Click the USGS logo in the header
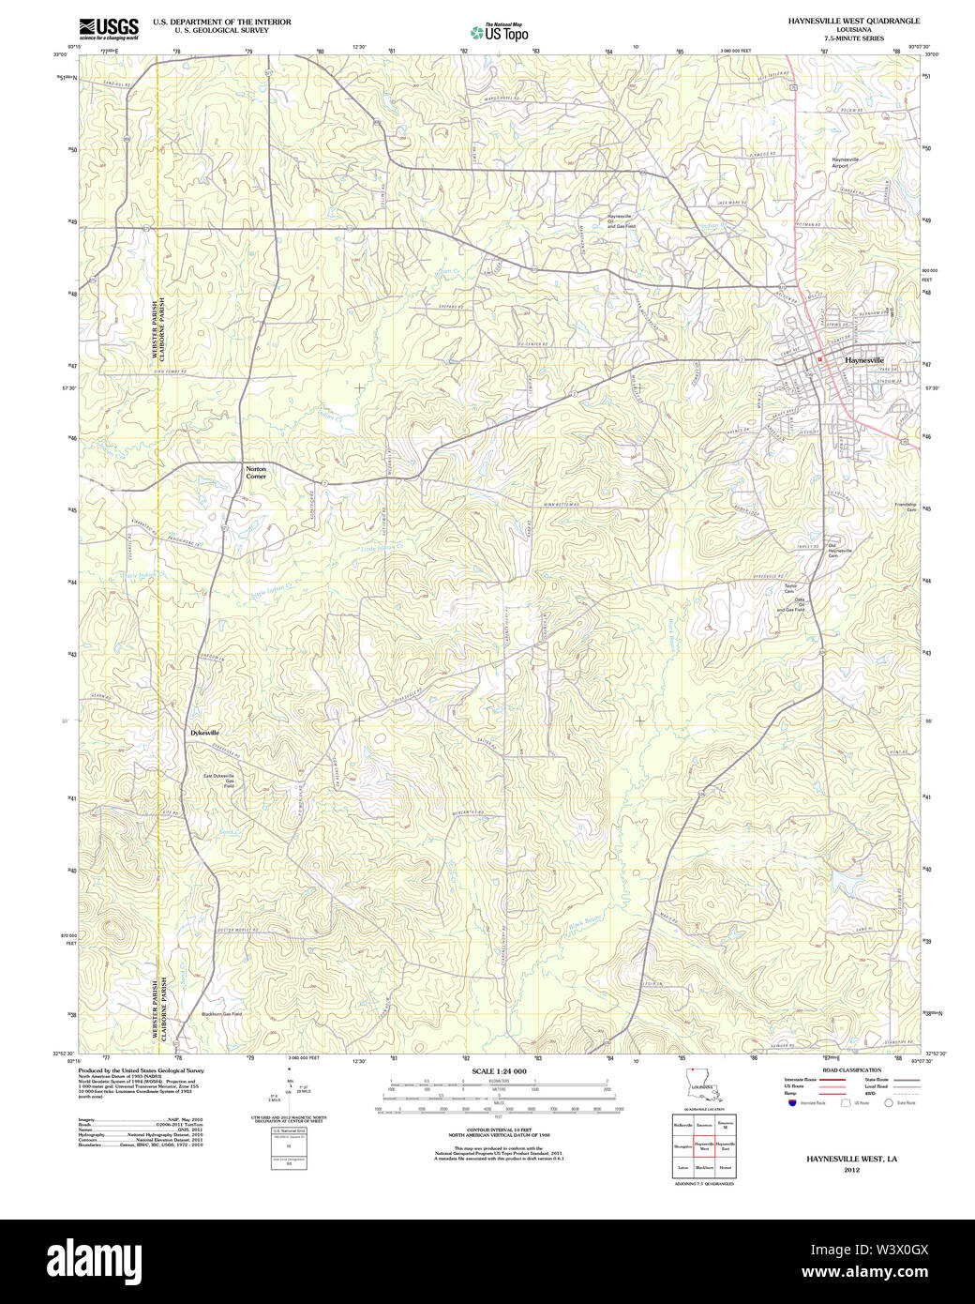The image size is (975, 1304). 109,28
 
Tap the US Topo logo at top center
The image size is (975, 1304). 499,32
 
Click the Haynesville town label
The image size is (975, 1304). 863,360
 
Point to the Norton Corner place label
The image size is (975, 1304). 256,473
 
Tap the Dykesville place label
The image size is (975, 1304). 204,732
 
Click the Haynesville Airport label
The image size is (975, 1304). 845,163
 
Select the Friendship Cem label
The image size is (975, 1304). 905,508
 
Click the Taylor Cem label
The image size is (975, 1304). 790,589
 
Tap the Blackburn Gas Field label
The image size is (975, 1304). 221,1014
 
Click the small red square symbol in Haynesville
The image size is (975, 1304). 819,358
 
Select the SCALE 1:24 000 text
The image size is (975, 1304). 499,1071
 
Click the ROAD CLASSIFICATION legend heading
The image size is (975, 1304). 851,1070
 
